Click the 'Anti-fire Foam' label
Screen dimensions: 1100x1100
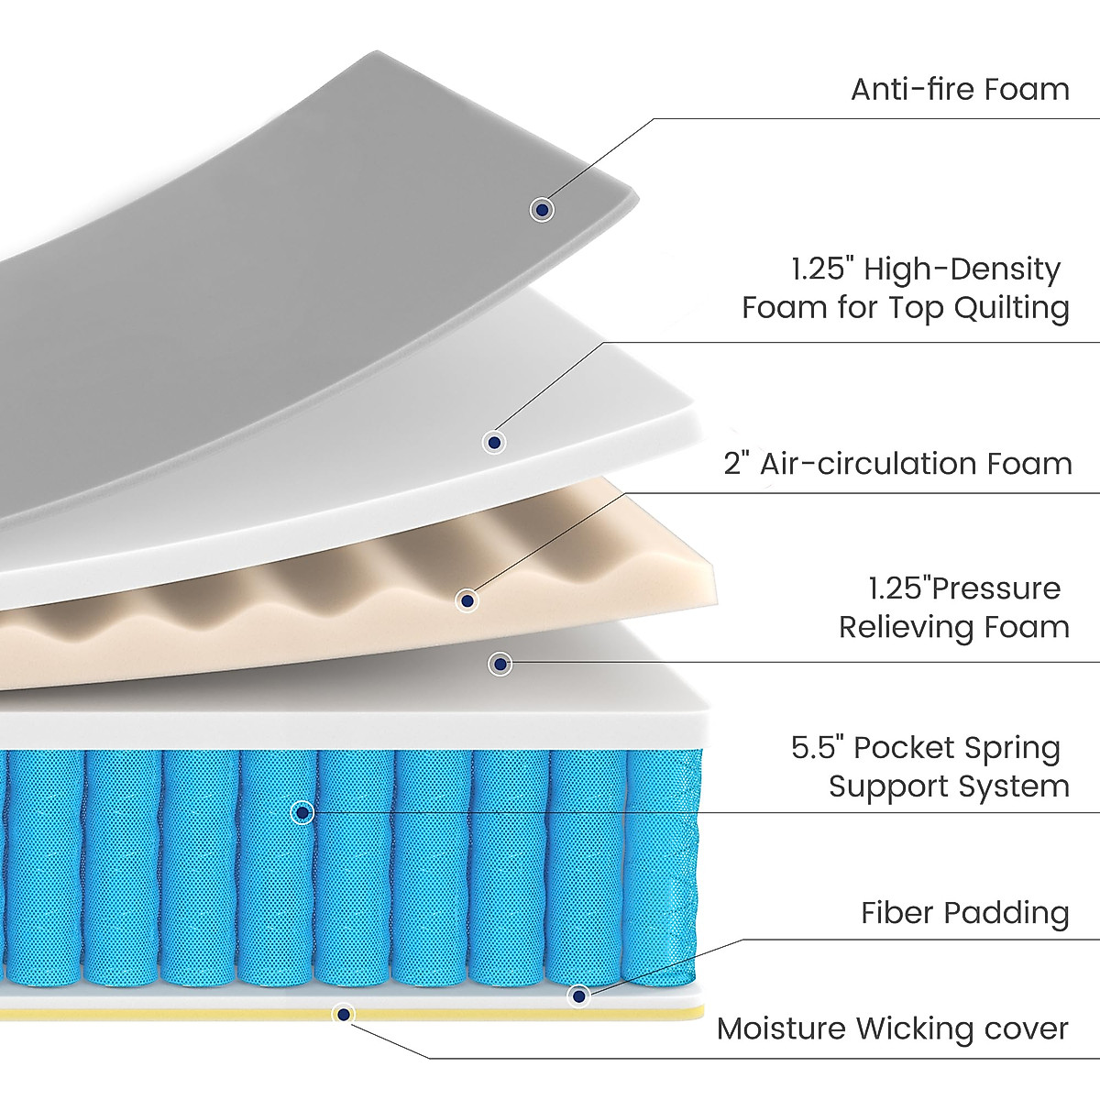[960, 90]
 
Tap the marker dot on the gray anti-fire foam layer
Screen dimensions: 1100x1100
[543, 210]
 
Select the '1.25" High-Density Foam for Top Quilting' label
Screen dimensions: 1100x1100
[906, 288]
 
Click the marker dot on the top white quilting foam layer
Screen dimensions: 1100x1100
[495, 443]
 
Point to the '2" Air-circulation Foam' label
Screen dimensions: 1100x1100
[897, 464]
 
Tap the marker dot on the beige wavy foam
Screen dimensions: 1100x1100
[467, 601]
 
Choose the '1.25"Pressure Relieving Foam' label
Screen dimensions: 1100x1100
[954, 608]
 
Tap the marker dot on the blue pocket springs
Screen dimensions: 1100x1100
[302, 812]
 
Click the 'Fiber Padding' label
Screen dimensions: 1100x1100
[965, 913]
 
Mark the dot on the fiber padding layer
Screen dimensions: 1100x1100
[578, 995]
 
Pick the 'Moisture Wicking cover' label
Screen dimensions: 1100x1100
[892, 1028]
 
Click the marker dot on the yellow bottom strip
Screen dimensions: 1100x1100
[343, 1014]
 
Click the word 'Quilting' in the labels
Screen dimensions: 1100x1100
[1012, 308]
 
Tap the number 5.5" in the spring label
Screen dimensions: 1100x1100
[816, 748]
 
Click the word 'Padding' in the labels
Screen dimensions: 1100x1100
[1006, 913]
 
